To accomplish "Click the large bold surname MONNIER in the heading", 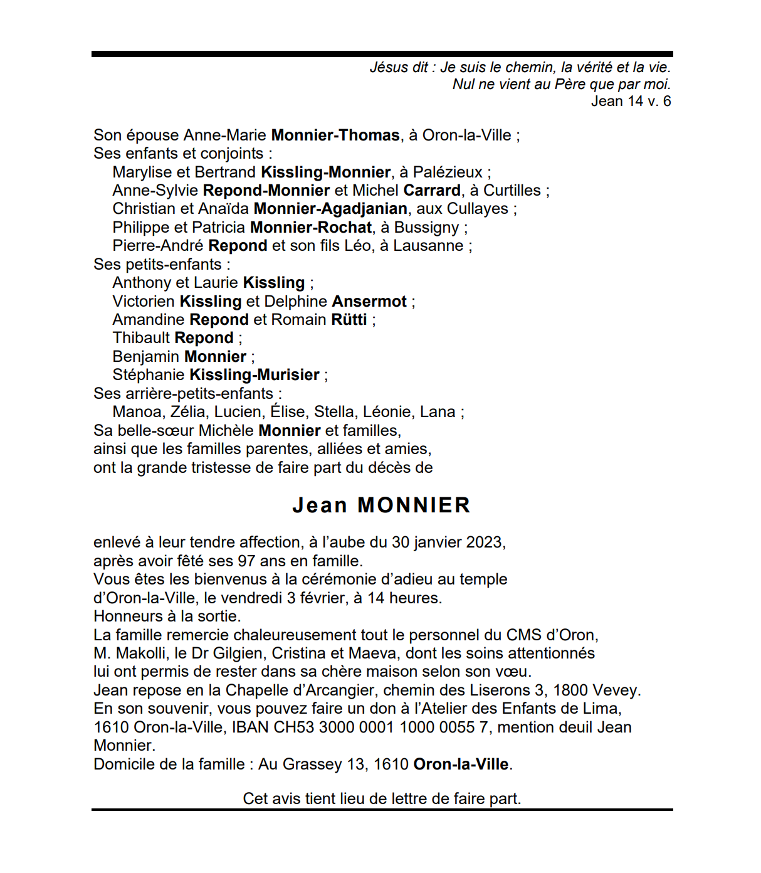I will click(414, 505).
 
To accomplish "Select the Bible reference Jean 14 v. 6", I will click(631, 101).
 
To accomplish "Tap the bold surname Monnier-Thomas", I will click(335, 135).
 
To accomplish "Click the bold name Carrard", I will click(432, 191).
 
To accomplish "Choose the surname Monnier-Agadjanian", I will click(330, 209).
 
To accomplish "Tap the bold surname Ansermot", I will click(369, 302).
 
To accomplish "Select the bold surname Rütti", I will click(349, 320).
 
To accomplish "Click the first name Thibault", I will click(141, 338).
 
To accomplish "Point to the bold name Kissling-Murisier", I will click(255, 375).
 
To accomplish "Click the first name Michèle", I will click(226, 431).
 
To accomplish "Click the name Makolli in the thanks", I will click(142, 653).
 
